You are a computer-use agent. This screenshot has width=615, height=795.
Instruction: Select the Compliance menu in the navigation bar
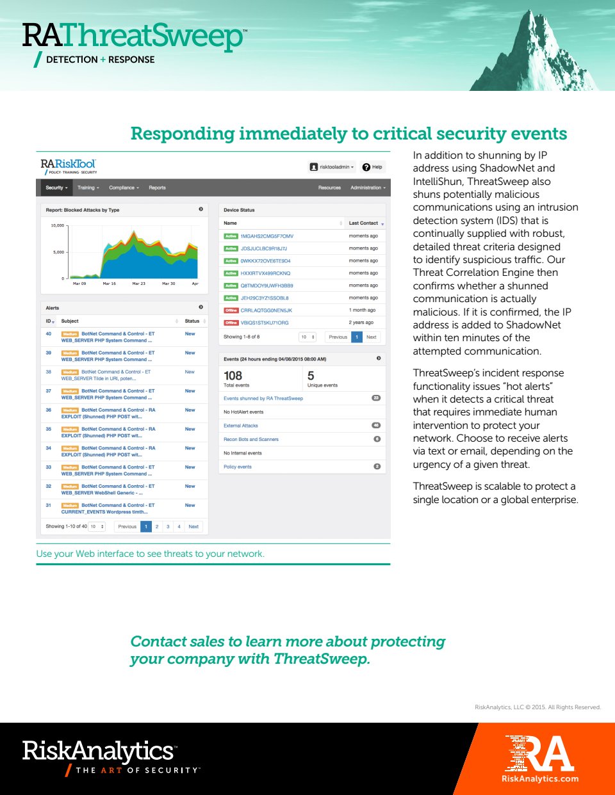tap(123, 188)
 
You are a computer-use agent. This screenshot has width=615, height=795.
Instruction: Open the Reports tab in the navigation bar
tap(157, 188)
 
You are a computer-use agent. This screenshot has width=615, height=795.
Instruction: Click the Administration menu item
tap(368, 188)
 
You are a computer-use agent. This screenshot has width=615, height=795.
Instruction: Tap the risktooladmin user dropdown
tap(332, 167)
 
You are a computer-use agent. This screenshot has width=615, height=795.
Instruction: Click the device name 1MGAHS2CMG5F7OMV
tap(266, 236)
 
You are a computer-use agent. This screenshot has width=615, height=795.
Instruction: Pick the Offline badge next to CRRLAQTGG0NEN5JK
tap(231, 310)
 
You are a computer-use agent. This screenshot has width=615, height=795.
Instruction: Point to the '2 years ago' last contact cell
tap(361, 323)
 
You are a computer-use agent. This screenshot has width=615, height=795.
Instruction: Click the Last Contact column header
tap(363, 223)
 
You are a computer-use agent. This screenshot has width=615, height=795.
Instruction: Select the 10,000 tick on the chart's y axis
tap(58, 225)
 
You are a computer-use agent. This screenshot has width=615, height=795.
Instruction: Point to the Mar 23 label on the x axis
tap(139, 284)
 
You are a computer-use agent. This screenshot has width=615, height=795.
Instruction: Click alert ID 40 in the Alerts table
tap(48, 333)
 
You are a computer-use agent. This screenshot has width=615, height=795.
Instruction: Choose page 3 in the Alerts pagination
tap(168, 527)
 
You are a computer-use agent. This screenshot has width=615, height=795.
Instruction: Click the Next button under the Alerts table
tap(193, 527)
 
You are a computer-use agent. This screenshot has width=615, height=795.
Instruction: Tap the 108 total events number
tap(233, 376)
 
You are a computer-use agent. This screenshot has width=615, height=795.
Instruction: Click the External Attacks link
tap(241, 426)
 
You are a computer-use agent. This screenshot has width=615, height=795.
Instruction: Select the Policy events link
tap(238, 467)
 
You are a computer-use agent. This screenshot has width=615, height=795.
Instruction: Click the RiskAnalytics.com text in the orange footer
tap(539, 779)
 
